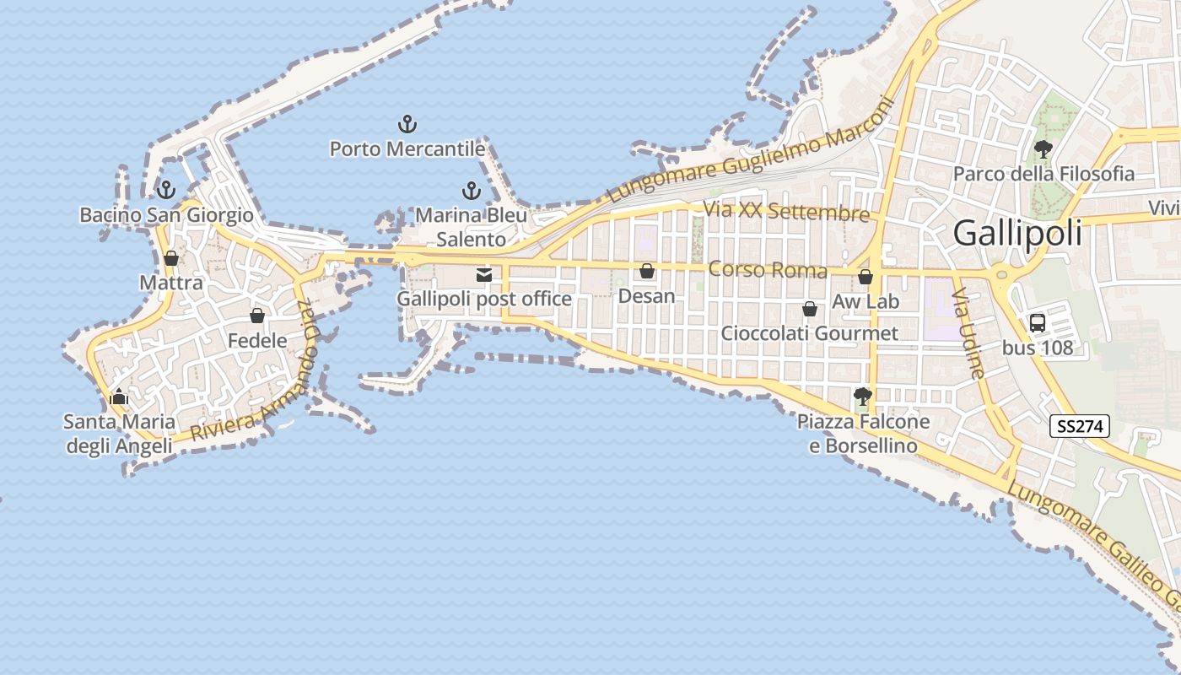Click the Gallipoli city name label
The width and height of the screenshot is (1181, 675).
[1017, 233]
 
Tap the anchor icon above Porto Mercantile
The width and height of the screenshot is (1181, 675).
[407, 125]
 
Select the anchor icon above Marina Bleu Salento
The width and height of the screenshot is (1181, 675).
[471, 191]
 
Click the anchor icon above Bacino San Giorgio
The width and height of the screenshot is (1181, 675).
[166, 190]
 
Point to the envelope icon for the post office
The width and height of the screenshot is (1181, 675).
[484, 274]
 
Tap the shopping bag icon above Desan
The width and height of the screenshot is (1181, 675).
[647, 271]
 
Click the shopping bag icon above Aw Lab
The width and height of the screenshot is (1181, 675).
[865, 277]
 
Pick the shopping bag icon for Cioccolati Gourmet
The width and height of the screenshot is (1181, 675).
[809, 309]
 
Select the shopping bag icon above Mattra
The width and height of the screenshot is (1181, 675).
[171, 258]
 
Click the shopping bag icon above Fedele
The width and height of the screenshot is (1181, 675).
[257, 316]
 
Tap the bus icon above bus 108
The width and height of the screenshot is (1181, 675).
[1038, 322]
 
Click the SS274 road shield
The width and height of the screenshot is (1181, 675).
[1079, 426]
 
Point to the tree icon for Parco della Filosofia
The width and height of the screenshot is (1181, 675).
[1043, 149]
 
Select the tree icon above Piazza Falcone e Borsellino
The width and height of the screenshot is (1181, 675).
[862, 396]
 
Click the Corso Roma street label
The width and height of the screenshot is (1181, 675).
[768, 270]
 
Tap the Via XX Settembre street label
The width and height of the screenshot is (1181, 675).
[786, 211]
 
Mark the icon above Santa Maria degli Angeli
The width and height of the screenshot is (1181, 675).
[119, 397]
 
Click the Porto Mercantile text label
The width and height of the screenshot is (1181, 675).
[407, 149]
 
